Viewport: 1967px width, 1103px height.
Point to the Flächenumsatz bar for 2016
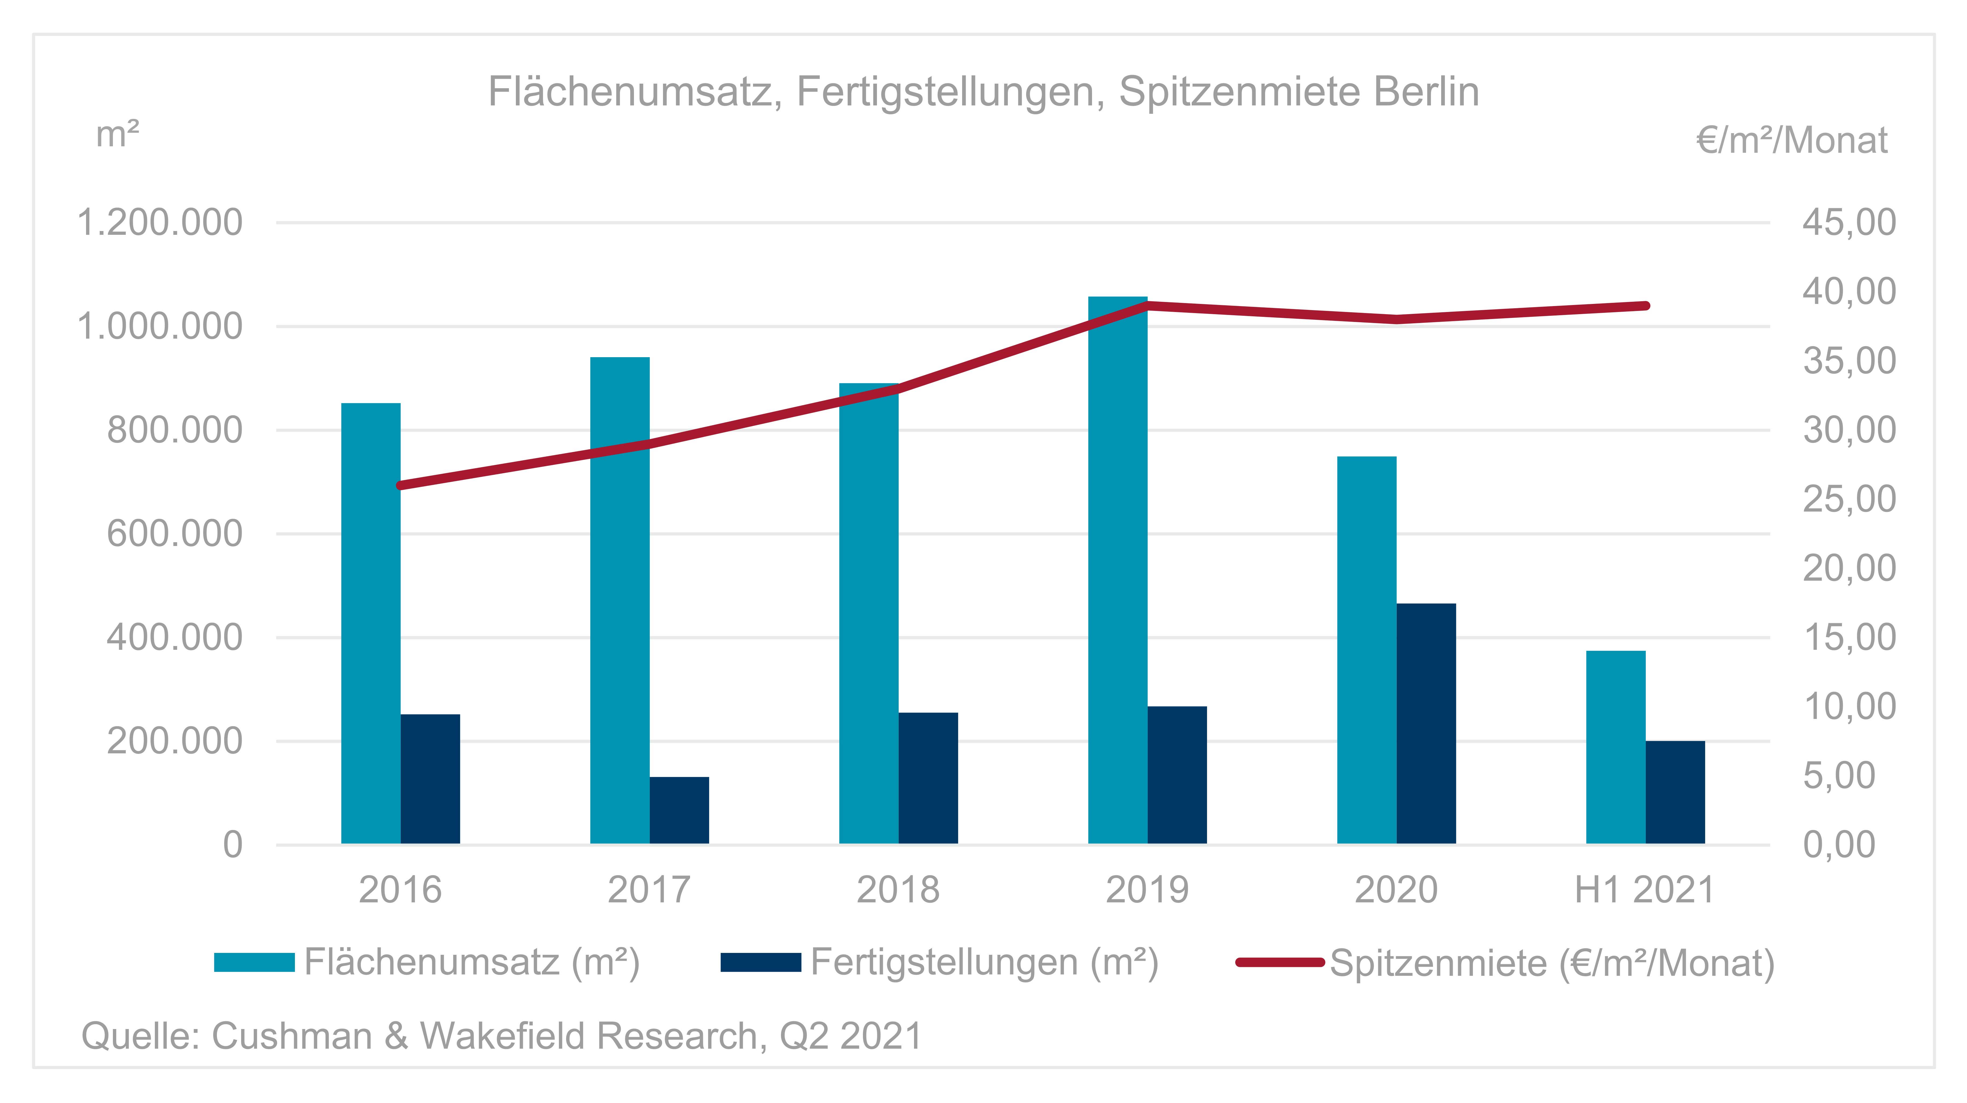click(370, 623)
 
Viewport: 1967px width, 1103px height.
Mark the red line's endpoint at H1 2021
click(1645, 306)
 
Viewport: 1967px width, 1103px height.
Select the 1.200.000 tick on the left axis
click(160, 223)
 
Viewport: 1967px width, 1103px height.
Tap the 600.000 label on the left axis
click(174, 534)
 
